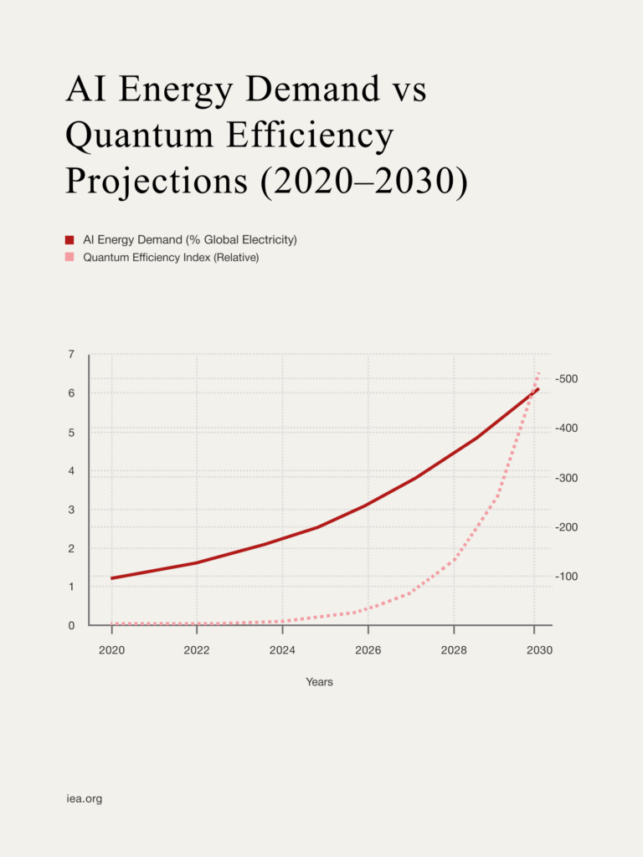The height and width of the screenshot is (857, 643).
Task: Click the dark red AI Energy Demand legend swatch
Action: [x=70, y=240]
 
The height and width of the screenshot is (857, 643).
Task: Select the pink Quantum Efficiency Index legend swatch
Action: [x=70, y=258]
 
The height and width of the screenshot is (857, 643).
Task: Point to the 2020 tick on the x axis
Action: [x=111, y=650]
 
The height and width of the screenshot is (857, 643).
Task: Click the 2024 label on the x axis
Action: [x=282, y=650]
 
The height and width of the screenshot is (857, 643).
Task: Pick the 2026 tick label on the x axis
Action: [x=368, y=650]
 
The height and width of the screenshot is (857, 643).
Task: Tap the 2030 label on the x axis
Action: [x=539, y=650]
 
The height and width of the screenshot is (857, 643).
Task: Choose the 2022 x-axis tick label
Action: [x=197, y=650]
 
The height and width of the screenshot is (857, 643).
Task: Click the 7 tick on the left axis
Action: [x=70, y=355]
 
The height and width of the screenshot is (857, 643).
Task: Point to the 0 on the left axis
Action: [x=70, y=625]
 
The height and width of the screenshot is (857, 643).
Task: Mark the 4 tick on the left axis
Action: [x=70, y=470]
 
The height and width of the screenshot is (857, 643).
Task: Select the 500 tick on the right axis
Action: [x=568, y=379]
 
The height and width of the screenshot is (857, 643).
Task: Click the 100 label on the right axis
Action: [x=568, y=577]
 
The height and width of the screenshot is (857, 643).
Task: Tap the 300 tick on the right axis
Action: [x=568, y=478]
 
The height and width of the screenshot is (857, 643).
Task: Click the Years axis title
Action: [x=319, y=682]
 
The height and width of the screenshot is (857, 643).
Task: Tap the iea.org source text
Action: [x=84, y=799]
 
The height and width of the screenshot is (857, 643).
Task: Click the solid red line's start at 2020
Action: [x=112, y=578]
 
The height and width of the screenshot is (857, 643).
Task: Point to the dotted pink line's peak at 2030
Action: [x=538, y=373]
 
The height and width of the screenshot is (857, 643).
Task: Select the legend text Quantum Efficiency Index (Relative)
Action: [x=171, y=258]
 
